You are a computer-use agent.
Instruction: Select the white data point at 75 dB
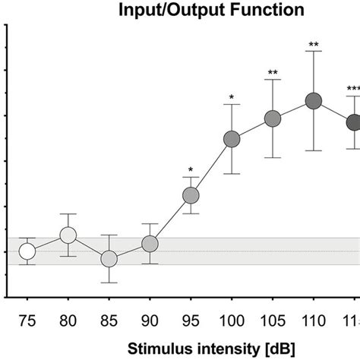pyautogui.click(x=27, y=251)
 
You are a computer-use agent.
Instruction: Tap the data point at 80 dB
pyautogui.click(x=68, y=235)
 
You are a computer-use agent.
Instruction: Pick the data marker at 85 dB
pyautogui.click(x=109, y=259)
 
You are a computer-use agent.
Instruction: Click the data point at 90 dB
pyautogui.click(x=150, y=244)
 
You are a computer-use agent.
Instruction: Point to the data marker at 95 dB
pyautogui.click(x=191, y=196)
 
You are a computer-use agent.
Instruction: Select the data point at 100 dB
pyautogui.click(x=232, y=139)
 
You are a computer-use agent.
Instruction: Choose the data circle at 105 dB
pyautogui.click(x=273, y=118)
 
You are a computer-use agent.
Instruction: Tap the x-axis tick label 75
pyautogui.click(x=27, y=323)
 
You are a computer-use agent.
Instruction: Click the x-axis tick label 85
pyautogui.click(x=109, y=323)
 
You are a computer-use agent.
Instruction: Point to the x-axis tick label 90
pyautogui.click(x=150, y=323)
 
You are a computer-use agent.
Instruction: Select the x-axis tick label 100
pyautogui.click(x=232, y=323)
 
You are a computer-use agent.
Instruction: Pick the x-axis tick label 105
pyautogui.click(x=273, y=323)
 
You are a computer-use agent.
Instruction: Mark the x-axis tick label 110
pyautogui.click(x=314, y=323)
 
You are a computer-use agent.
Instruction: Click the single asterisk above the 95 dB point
pyautogui.click(x=191, y=170)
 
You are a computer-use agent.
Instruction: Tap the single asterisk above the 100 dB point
pyautogui.click(x=232, y=97)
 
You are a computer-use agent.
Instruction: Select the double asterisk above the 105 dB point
pyautogui.click(x=273, y=74)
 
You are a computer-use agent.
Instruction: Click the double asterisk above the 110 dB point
pyautogui.click(x=314, y=46)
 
